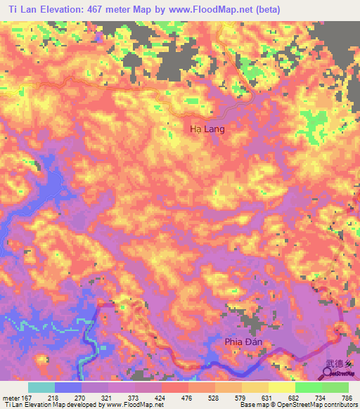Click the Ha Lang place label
pos(207,129)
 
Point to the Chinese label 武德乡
pos(338,364)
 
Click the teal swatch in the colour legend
pos(41,387)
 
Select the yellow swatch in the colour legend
pos(281,387)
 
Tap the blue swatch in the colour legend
pos(68,387)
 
